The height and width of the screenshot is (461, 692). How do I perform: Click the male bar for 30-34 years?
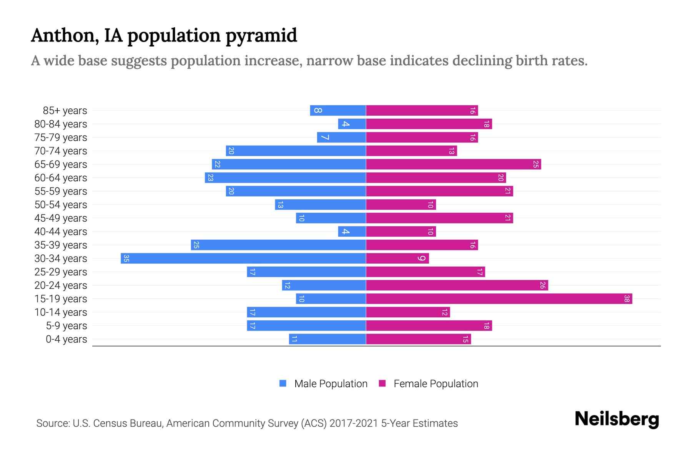243,258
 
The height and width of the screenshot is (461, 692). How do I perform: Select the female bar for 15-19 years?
499,298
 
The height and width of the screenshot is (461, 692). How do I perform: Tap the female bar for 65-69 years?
453,164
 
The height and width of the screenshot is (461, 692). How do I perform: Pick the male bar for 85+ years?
338,110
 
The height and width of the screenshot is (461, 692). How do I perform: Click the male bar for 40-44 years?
352,231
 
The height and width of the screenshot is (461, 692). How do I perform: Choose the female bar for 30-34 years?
397,258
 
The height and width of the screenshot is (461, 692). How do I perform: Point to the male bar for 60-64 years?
285,177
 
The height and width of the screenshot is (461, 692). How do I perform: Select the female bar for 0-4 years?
418,339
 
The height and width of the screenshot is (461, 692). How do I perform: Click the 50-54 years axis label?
61,205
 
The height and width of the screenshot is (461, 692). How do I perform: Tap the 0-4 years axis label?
66,339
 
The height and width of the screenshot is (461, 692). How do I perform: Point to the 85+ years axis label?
65,111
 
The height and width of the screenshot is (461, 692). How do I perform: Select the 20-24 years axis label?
61,285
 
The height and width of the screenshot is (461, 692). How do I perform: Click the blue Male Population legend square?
283,383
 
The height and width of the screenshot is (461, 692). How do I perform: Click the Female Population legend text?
436,383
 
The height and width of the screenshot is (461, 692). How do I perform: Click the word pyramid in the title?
261,36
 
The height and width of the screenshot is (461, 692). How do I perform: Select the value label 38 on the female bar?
627,298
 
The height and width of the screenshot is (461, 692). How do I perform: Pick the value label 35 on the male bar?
126,258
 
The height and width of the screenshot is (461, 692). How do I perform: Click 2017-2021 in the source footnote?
354,423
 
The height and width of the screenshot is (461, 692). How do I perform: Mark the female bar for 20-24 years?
457,285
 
